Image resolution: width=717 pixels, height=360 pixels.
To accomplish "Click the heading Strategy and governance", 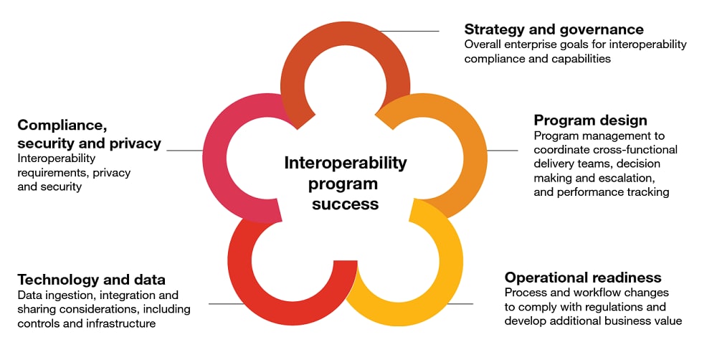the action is [x=554, y=29].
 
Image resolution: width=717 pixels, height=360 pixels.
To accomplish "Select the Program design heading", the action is [x=590, y=120].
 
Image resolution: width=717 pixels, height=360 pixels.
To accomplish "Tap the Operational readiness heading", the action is [x=583, y=278].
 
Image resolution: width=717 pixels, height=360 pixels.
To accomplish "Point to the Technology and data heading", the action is [x=92, y=280].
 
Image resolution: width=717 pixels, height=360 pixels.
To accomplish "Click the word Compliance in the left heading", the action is [x=62, y=125].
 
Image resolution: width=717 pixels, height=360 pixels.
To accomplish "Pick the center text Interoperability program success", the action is [x=346, y=183].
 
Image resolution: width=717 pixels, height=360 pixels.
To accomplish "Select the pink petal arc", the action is [x=215, y=158].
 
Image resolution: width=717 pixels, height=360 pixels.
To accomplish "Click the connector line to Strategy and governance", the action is [x=409, y=31].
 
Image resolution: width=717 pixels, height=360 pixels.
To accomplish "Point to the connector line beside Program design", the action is [x=503, y=150].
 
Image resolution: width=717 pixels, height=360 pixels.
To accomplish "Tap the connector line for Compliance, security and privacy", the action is [x=185, y=150].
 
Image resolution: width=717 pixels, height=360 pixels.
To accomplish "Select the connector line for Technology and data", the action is [x=227, y=304].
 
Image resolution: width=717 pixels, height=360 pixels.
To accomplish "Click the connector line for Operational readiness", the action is [x=460, y=304].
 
